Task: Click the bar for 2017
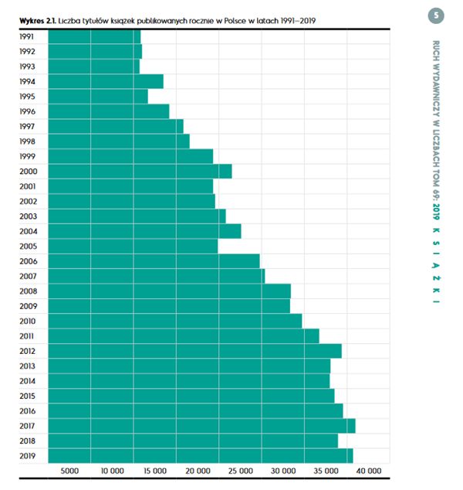201,426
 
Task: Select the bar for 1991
94,37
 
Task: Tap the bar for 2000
139,172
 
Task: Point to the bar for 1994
105,82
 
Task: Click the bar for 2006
154,261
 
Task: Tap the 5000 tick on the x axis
70,471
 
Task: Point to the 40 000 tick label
369,471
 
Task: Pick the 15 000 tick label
155,471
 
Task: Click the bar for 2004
144,231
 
